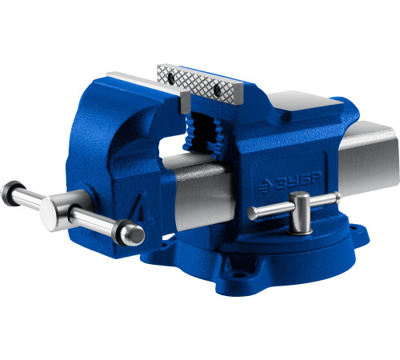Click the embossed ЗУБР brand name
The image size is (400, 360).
click(x=298, y=182)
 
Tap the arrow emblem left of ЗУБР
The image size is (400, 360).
click(x=265, y=187)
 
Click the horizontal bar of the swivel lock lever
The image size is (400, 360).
click(x=294, y=206)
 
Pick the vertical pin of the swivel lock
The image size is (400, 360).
click(x=301, y=214)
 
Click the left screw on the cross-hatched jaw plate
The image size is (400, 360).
click(x=170, y=78)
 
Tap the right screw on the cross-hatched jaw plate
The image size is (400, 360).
click(x=218, y=90)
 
